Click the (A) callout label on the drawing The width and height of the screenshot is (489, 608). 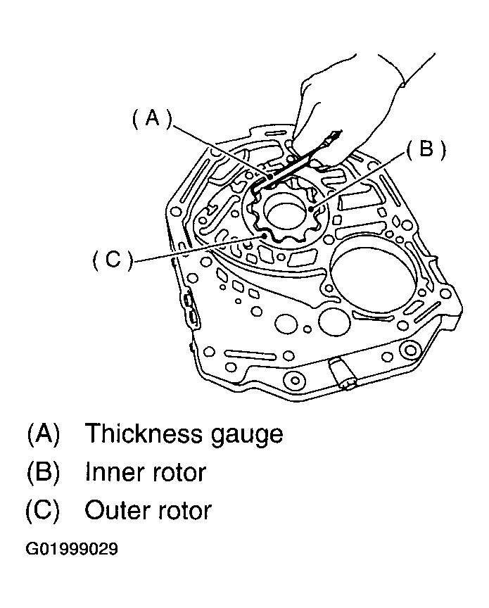[151, 118]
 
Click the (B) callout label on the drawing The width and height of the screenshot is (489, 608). [426, 148]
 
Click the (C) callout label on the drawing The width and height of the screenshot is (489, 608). [113, 259]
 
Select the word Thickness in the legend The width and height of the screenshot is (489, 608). [144, 433]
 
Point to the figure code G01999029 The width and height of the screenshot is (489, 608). [72, 549]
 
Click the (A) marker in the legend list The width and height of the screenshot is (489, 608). [44, 433]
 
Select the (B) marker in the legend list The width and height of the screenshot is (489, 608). [44, 472]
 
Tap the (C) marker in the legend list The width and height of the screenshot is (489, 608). [43, 510]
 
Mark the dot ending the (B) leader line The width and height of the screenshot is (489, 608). [312, 209]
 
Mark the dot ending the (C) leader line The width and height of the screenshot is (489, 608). [265, 235]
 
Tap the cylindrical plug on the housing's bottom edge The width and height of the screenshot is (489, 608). [343, 373]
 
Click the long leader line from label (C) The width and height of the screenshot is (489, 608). [199, 248]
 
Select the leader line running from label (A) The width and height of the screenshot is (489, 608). [220, 152]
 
